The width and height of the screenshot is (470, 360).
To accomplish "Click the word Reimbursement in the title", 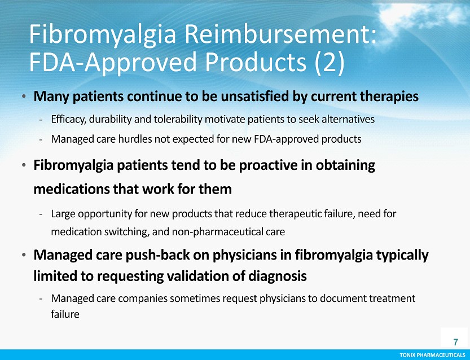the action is pyautogui.click(x=280, y=35).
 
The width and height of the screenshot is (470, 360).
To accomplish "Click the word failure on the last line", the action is pyautogui.click(x=65, y=314).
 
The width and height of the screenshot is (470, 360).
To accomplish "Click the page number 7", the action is pyautogui.click(x=456, y=342).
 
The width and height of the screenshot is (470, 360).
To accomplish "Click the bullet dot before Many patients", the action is pyautogui.click(x=24, y=96).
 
